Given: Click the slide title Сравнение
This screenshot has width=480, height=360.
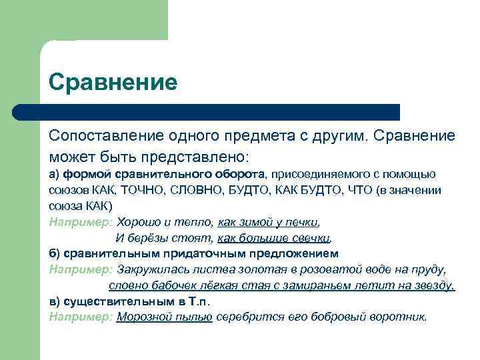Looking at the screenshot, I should (113, 83).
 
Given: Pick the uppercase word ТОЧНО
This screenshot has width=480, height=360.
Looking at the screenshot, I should (147, 190).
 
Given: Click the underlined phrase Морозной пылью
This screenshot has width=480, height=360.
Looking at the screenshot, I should (164, 317).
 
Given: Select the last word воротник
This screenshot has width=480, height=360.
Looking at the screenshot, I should (400, 317).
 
